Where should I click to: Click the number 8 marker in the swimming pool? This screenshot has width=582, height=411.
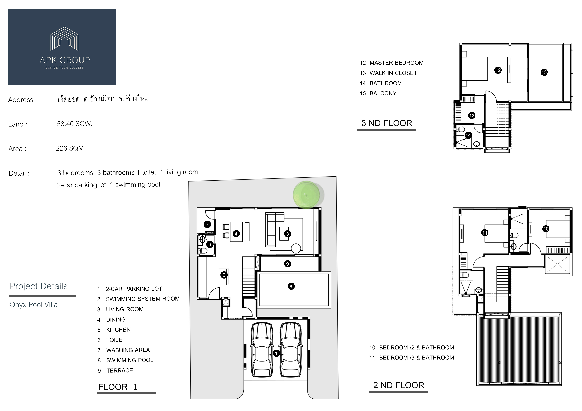pos(291,286)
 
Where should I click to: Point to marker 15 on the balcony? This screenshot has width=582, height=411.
pos(544,72)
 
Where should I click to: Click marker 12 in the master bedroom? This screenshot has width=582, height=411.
pos(498,70)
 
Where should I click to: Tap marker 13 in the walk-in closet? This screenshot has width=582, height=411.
pos(472,116)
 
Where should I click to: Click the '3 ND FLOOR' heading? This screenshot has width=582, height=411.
pos(387,123)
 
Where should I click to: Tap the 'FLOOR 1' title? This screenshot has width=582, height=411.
pos(118,387)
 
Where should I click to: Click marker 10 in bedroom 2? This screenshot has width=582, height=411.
pos(546,229)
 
